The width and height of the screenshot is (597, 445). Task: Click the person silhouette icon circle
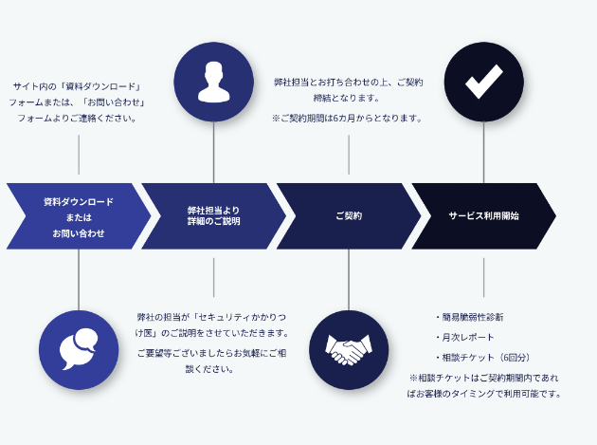point(213,82)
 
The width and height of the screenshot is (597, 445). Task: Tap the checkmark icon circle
point(483,82)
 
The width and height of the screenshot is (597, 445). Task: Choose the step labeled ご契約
point(348,216)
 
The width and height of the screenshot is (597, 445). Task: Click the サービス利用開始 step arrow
point(482,216)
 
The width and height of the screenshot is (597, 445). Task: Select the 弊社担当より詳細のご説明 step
point(213,216)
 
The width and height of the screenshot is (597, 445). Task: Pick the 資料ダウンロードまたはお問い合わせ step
point(78,216)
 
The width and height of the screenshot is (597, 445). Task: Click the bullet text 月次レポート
point(467,338)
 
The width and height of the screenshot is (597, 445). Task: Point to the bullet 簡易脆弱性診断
point(471,317)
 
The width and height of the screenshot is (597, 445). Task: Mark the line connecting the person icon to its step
point(213,152)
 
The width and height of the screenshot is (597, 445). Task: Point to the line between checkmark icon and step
point(483,152)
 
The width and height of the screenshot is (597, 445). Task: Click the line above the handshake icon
point(349,280)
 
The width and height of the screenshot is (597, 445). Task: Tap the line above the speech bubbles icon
point(79,280)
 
